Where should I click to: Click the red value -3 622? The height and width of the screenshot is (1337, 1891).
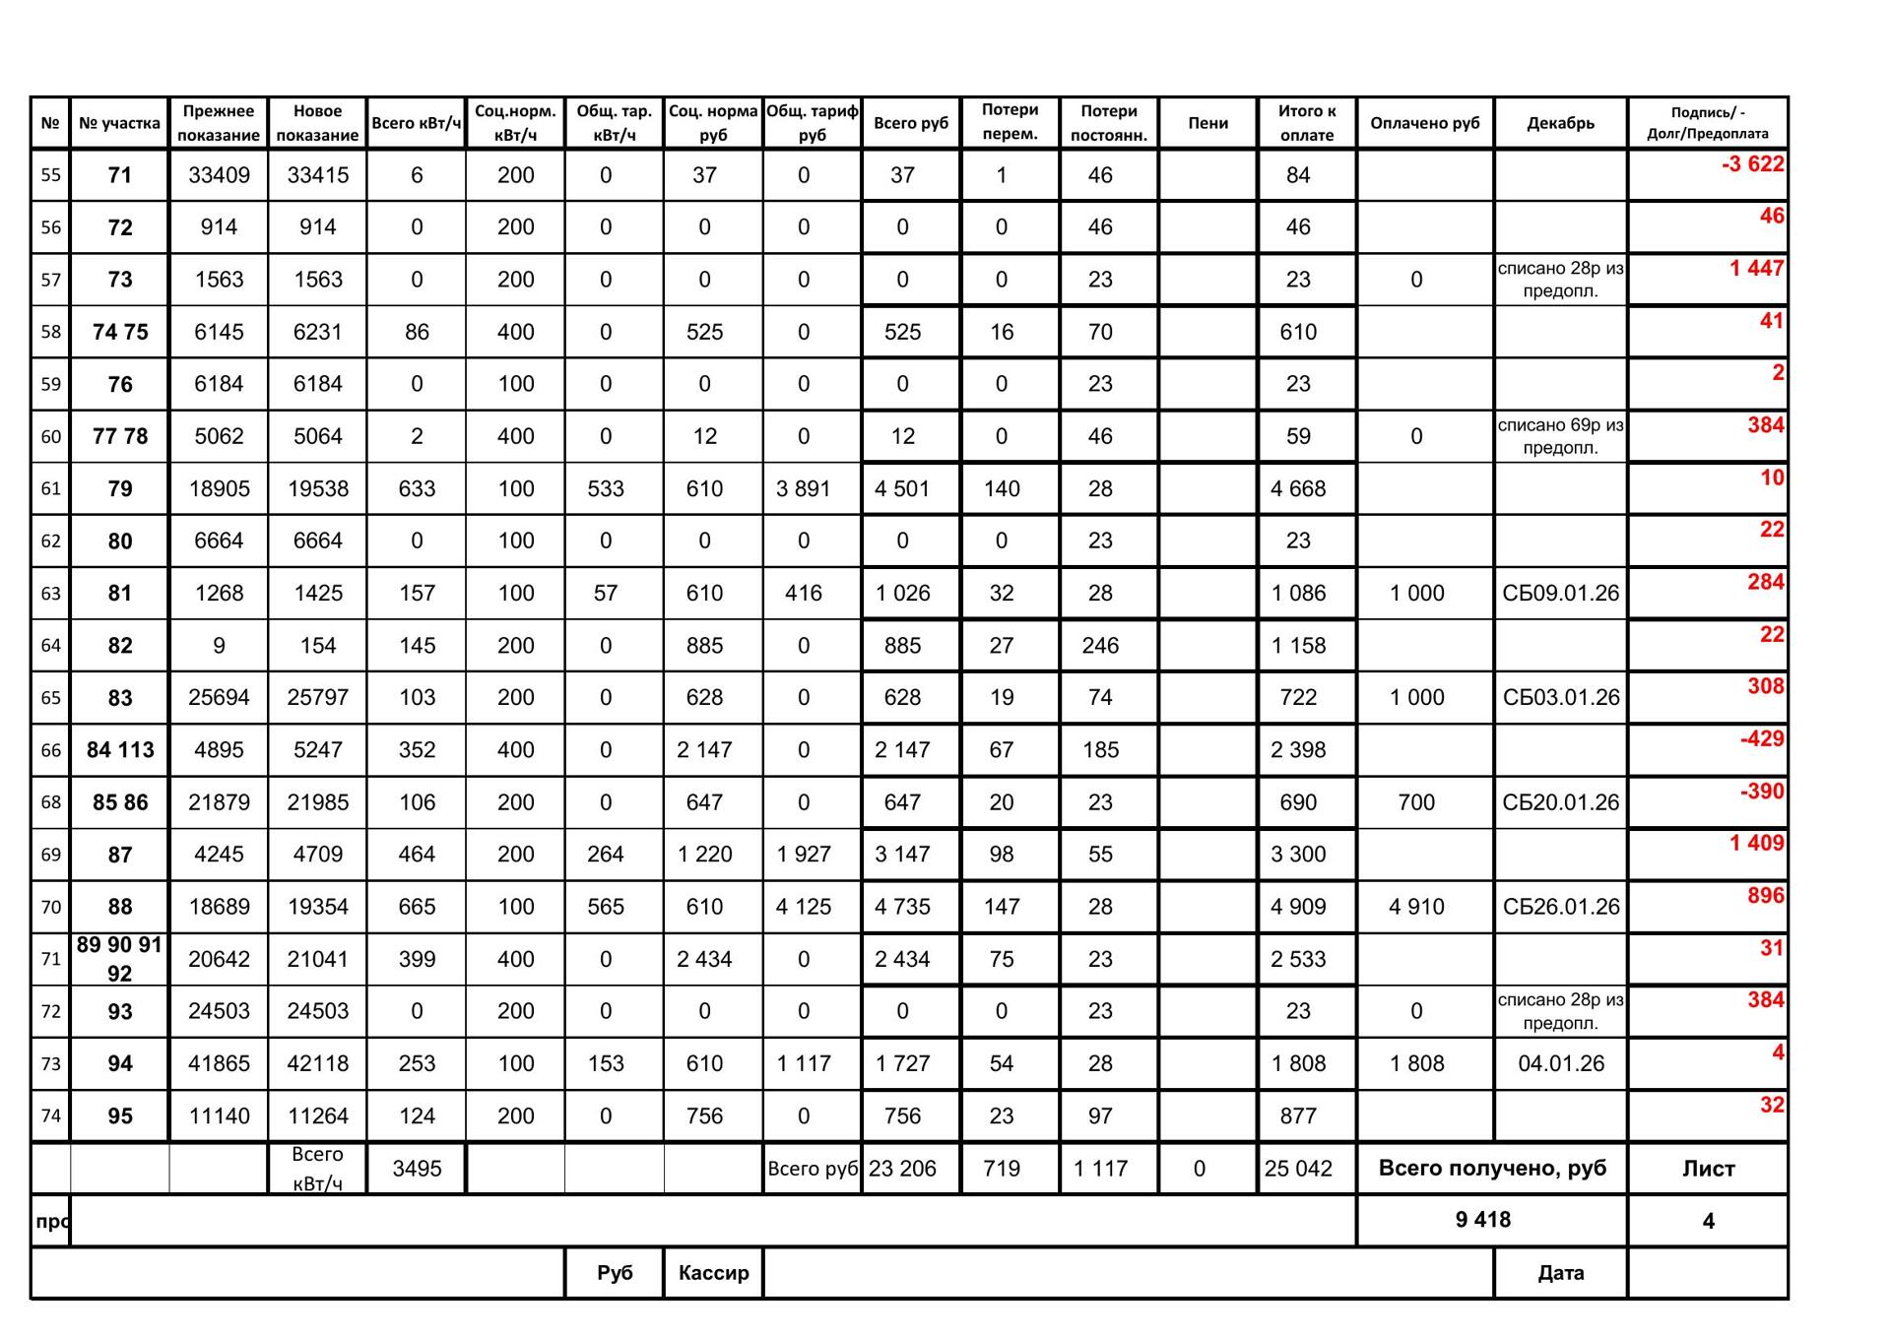pos(1752,164)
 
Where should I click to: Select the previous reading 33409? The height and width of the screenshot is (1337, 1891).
pos(219,175)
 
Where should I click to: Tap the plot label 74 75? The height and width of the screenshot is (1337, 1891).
pos(120,332)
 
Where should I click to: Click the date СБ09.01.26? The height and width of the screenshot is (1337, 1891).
pos(1560,594)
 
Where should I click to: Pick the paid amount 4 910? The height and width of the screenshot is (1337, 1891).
pos(1416,907)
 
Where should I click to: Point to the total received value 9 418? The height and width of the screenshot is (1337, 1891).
pos(1482,1220)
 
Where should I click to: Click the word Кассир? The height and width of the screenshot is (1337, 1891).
pos(713,1273)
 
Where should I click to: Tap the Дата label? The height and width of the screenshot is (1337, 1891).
pos(1560,1273)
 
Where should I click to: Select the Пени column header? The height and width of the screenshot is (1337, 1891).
pos(1207,123)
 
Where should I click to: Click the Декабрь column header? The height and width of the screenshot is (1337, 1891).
pos(1560,123)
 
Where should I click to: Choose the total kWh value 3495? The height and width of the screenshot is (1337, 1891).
pos(417,1169)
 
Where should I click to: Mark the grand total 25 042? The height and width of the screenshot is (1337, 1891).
pos(1298,1169)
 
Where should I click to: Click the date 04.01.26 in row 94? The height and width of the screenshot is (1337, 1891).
pos(1560,1063)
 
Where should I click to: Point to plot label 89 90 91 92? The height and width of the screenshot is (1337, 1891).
pos(119,959)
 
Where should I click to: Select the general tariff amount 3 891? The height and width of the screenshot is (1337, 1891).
pos(804,488)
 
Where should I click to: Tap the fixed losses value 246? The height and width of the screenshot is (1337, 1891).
pos(1100,646)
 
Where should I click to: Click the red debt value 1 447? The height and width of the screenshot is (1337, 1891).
pos(1756,269)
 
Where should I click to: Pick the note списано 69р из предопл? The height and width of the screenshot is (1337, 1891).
pos(1560,436)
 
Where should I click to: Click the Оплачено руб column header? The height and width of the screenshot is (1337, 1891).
pos(1424,123)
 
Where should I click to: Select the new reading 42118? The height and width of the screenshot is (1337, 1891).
pos(317,1063)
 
